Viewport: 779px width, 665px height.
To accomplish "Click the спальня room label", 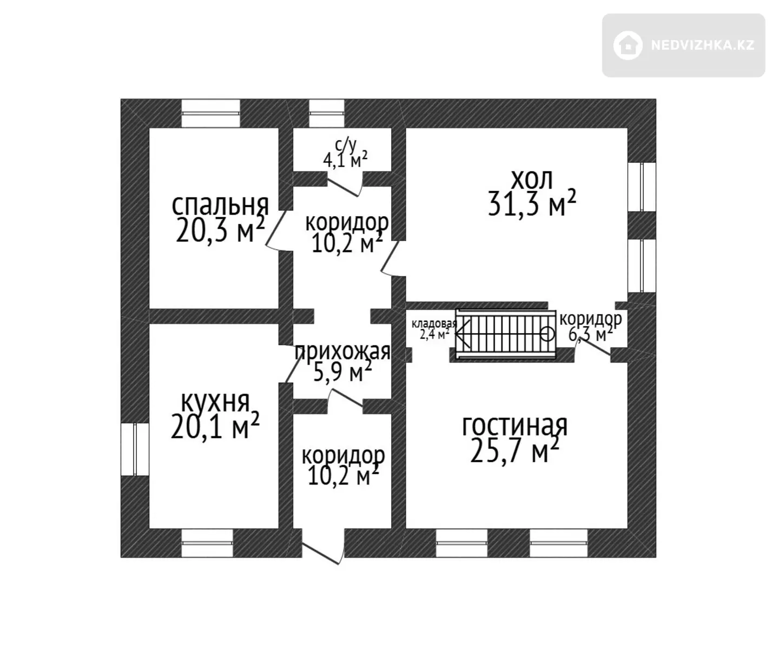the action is point(221,205).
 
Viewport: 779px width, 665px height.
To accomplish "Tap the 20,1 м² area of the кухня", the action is point(215,426).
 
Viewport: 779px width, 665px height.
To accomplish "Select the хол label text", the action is point(532,179).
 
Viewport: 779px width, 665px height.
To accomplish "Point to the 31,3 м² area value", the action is point(532,203).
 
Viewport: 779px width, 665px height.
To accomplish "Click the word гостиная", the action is point(515,426).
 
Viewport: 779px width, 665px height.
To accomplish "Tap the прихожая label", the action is point(342,352).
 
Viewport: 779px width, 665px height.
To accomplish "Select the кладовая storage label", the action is point(434,323).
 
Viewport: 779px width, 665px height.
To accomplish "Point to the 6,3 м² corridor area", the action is point(590,333).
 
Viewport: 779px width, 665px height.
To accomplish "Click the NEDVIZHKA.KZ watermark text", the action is point(703,45).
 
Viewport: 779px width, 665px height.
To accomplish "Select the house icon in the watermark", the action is point(628,45).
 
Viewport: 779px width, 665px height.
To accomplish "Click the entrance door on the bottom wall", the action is point(324,546).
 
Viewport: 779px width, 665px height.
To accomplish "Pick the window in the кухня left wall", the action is point(135,449).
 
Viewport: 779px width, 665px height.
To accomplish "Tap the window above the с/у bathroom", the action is point(326,114).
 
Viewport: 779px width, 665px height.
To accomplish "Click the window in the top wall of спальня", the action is point(210,114).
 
